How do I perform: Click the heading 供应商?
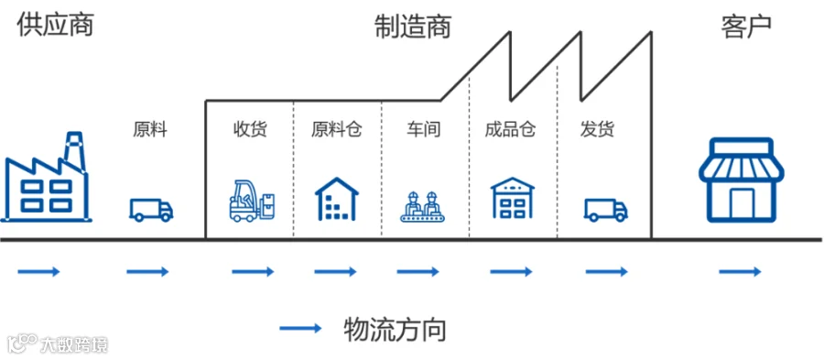tap(55, 26)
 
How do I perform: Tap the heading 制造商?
tap(413, 27)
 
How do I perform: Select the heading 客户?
tap(746, 27)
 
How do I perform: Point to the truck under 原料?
tap(151, 210)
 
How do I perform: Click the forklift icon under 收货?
tap(253, 201)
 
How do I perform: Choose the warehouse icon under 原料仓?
tap(336, 199)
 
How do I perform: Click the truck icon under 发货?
tap(606, 210)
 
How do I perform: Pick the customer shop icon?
tap(741, 180)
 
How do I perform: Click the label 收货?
tap(250, 129)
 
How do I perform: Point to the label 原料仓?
tap(336, 129)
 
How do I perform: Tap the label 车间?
tap(423, 129)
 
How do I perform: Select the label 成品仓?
tap(510, 129)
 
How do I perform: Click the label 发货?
tap(598, 129)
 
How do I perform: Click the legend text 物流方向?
tap(395, 330)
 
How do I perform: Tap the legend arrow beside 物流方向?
tap(300, 329)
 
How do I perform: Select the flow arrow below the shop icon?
tap(740, 272)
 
